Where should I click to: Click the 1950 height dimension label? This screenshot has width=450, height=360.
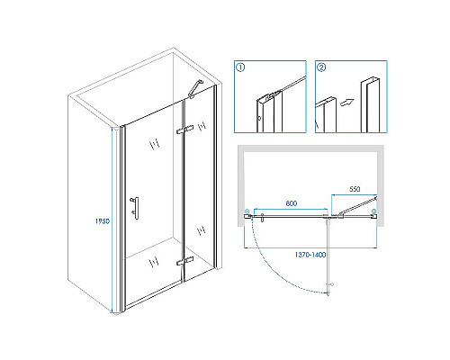point(103,221)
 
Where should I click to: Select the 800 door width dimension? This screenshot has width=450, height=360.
point(292,203)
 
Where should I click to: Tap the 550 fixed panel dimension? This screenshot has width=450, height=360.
point(355,189)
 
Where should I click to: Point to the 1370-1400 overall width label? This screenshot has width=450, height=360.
point(310,255)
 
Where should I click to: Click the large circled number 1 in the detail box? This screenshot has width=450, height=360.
point(240,67)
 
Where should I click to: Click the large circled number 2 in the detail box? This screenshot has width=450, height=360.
point(321,67)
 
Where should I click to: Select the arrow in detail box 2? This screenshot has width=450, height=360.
point(347,103)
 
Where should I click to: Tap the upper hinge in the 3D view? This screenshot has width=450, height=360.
point(184,130)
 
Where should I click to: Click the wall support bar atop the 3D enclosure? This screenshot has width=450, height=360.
point(195,89)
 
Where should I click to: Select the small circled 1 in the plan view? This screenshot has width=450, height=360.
point(247,211)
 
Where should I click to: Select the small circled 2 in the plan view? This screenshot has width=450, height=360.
point(373,211)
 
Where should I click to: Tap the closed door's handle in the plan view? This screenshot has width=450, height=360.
point(263,218)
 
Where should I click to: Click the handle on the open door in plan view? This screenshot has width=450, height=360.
point(331,284)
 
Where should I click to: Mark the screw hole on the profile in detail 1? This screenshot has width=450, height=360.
point(259,118)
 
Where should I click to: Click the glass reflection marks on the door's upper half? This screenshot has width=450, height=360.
point(155,145)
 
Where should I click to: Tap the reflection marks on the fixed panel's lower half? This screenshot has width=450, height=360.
point(201,230)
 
